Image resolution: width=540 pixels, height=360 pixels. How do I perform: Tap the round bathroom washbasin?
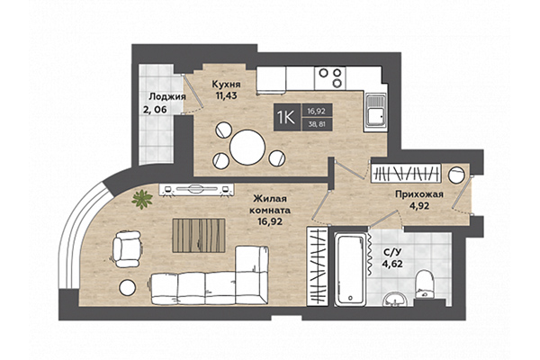[394, 300]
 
